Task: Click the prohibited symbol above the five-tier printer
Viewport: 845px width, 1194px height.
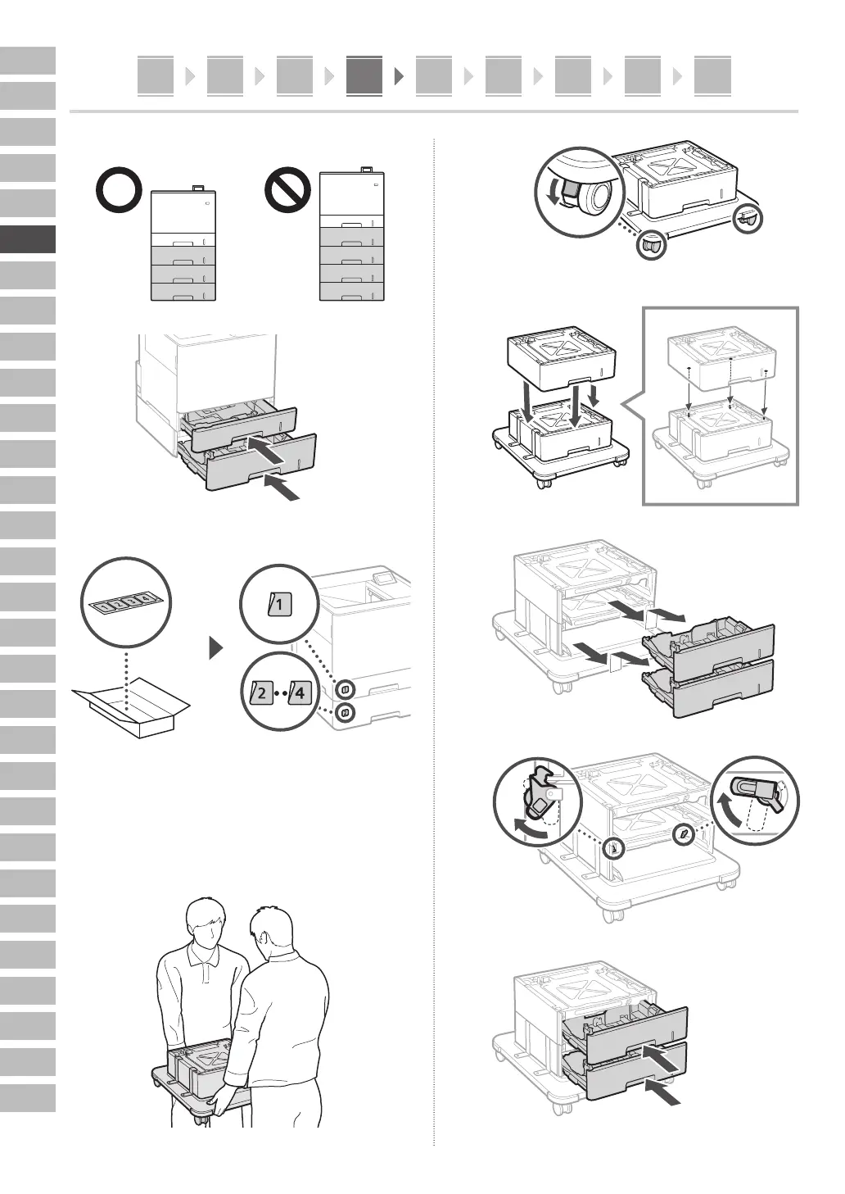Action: (287, 192)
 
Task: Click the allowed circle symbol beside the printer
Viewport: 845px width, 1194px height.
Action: (120, 192)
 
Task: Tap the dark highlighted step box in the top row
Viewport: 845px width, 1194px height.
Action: (364, 75)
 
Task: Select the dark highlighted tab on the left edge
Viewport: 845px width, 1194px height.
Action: (28, 239)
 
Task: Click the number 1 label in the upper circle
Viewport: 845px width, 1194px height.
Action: (279, 606)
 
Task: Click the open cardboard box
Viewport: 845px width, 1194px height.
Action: (131, 706)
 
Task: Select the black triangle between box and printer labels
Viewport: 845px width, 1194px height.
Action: (215, 649)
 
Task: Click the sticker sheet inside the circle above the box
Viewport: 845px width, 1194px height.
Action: (126, 604)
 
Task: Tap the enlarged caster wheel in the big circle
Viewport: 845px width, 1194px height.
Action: (594, 197)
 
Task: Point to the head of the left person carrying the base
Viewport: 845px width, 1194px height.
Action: (206, 922)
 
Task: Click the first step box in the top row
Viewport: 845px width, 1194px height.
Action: (156, 75)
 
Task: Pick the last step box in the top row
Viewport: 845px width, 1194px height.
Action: (712, 75)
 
